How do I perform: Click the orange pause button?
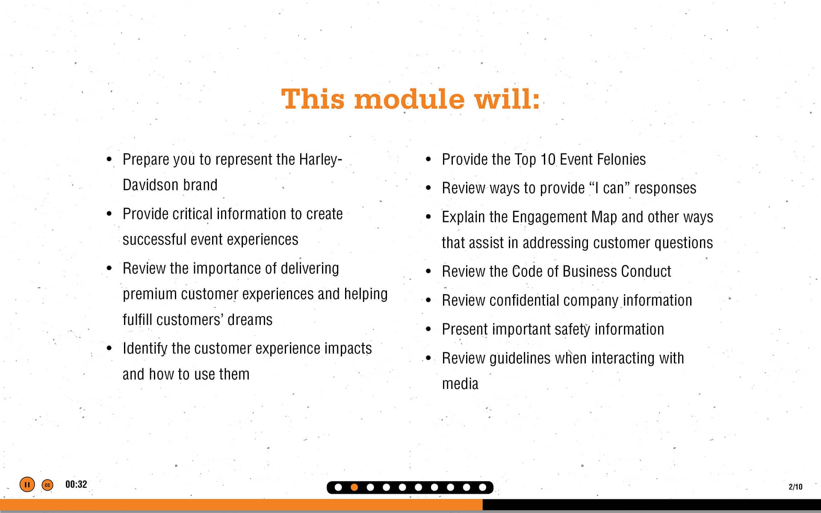tap(27, 484)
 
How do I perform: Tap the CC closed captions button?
tap(47, 485)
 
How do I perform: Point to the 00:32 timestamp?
tap(76, 484)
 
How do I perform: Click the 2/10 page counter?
tap(795, 486)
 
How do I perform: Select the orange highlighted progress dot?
tap(354, 487)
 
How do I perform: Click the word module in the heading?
tap(409, 99)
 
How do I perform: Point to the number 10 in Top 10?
tap(548, 159)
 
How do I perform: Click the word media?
tap(460, 384)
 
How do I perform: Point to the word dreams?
tap(250, 320)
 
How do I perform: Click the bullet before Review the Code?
tap(428, 271)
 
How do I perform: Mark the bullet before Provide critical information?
tap(109, 214)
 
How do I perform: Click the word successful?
tap(155, 240)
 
